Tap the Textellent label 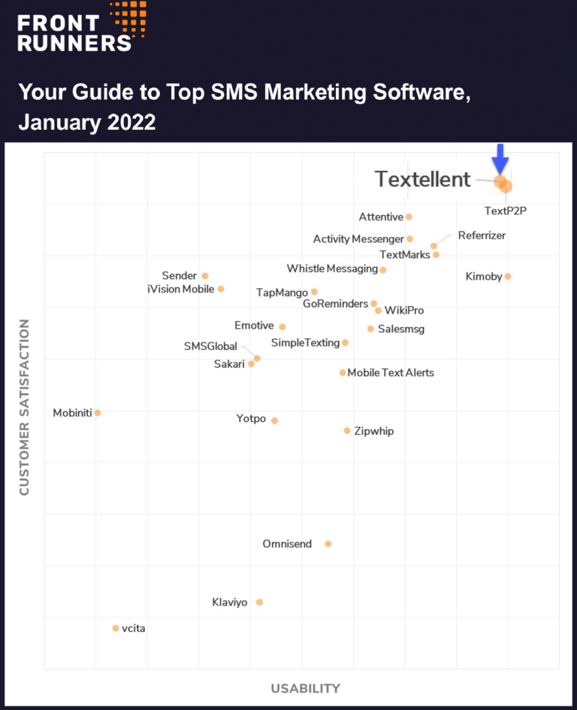[x=422, y=180]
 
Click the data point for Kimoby [x=508, y=276]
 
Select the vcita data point [x=115, y=628]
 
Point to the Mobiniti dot [x=98, y=413]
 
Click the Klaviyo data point [x=259, y=602]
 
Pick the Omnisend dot [x=328, y=544]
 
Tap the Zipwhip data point [x=347, y=431]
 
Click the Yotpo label [x=251, y=419]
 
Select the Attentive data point [x=409, y=217]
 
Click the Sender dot [x=205, y=276]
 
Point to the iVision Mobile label [x=181, y=290]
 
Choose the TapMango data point [x=314, y=292]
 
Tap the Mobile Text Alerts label [x=391, y=373]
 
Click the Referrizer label [x=482, y=235]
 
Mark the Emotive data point [x=282, y=326]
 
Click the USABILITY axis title [x=305, y=688]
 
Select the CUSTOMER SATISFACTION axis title [x=24, y=407]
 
